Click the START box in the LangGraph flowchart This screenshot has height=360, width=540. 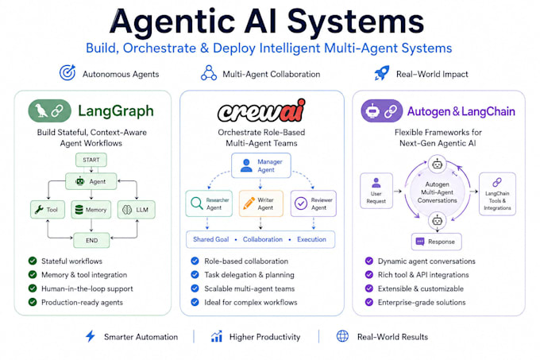click(91, 160)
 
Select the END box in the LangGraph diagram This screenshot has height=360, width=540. click(91, 240)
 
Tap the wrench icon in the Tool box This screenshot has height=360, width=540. click(39, 210)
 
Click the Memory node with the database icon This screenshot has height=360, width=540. click(91, 210)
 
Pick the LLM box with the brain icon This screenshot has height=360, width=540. click(137, 210)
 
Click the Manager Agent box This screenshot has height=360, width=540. click(261, 165)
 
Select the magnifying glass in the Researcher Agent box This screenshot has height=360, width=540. click(197, 203)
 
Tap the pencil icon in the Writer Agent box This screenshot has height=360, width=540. click(249, 203)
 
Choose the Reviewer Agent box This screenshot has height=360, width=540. click(314, 203)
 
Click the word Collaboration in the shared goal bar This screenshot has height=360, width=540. click(262, 239)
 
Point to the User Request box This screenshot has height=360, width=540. click(376, 191)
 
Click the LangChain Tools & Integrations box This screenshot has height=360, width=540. click(497, 194)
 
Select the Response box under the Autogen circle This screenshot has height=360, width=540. click(436, 242)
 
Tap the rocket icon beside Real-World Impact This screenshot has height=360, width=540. click(382, 72)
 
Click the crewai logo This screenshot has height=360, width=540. click(261, 110)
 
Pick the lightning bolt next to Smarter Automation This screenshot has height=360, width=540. click(91, 336)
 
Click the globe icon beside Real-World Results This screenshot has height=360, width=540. click(342, 336)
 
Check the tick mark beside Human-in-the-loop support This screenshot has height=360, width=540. click(33, 288)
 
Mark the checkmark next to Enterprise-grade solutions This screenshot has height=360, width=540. click(368, 302)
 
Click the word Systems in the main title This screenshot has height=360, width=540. click(356, 21)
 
